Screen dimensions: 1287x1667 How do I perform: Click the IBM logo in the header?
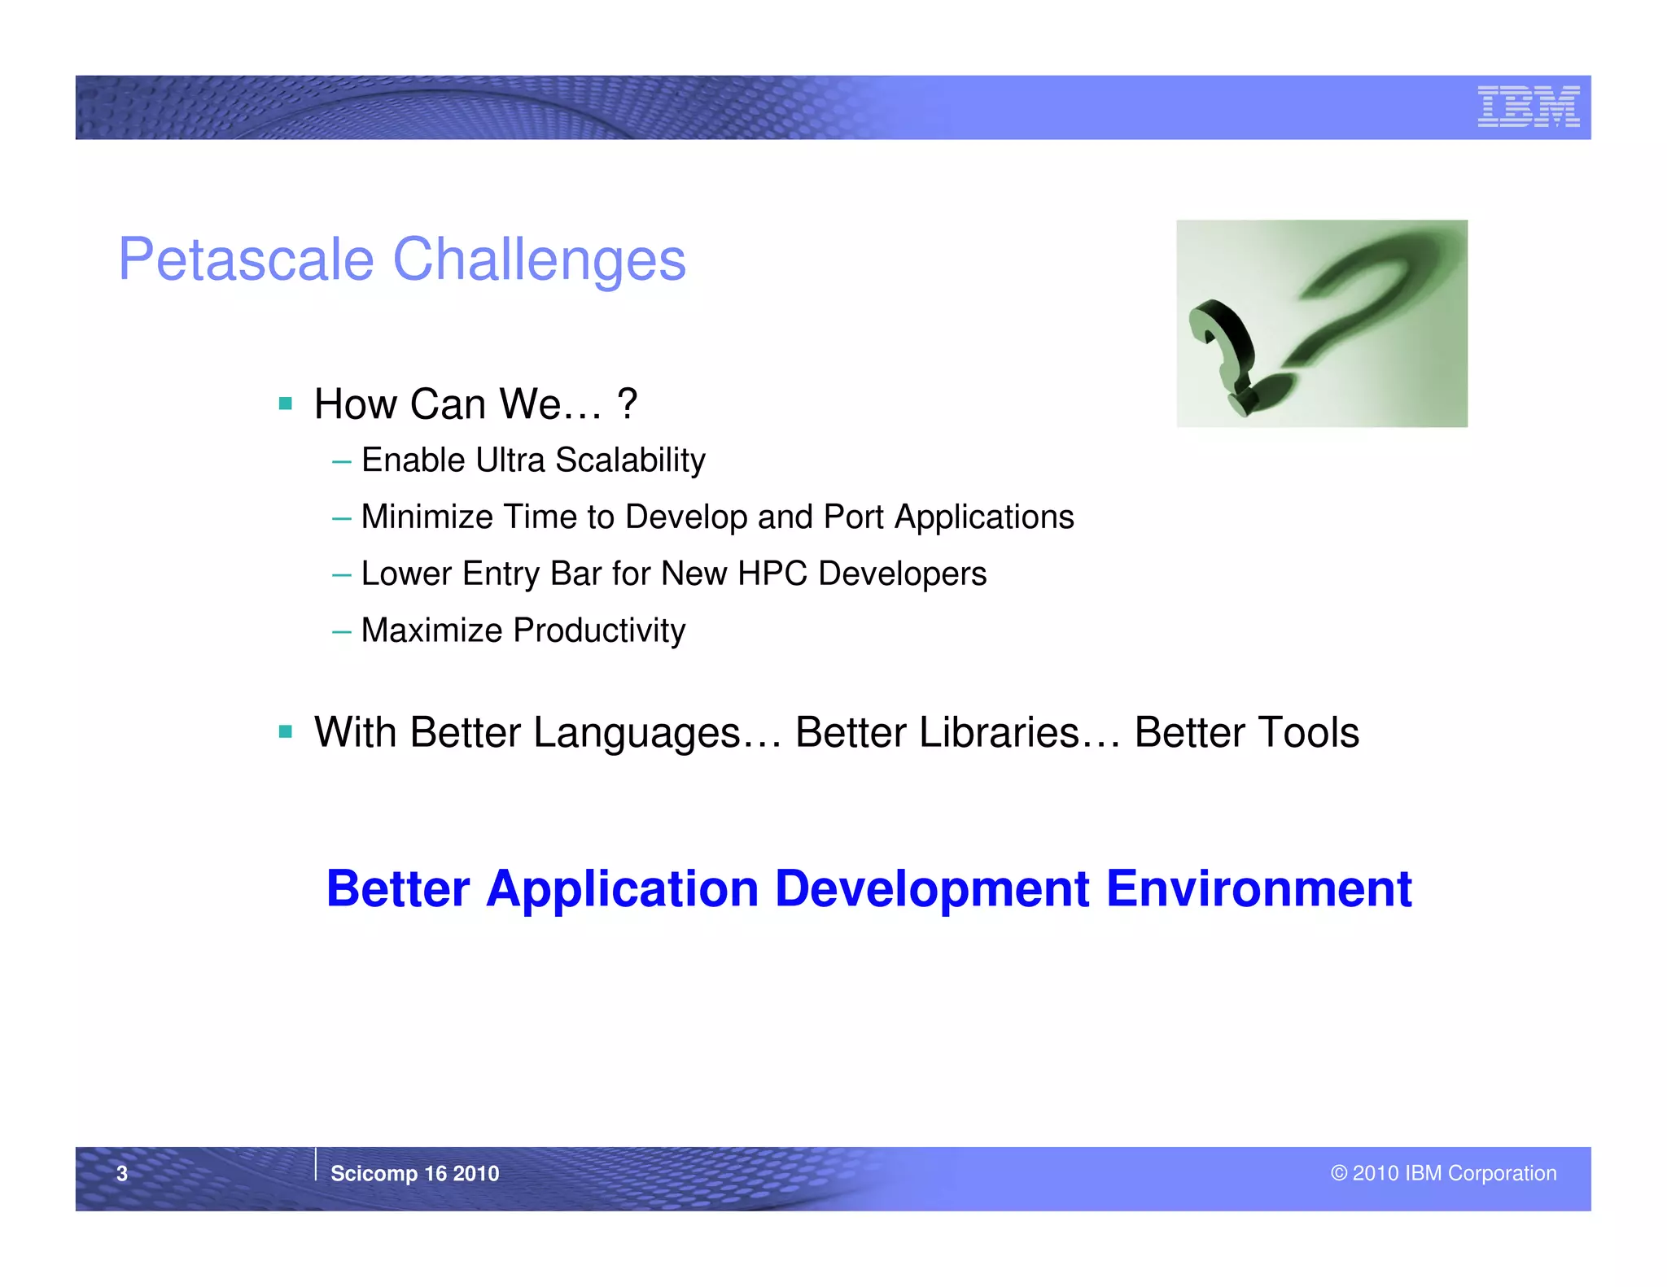(x=1528, y=107)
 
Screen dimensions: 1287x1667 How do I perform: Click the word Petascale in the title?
(x=246, y=260)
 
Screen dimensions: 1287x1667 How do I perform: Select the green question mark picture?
(x=1321, y=323)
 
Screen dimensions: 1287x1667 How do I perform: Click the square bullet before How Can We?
(x=285, y=404)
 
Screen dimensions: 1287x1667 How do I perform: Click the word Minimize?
(x=427, y=517)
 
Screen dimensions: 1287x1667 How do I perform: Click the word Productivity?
(x=599, y=630)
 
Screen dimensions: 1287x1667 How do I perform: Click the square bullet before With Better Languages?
(x=285, y=732)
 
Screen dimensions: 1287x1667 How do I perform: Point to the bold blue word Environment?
(x=1258, y=888)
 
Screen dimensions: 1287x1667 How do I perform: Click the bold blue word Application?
(x=622, y=888)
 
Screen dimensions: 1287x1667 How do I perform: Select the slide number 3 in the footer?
(x=122, y=1173)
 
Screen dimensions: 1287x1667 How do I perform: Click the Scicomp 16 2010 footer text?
(x=414, y=1173)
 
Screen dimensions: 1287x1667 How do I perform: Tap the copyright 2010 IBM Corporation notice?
(x=1443, y=1173)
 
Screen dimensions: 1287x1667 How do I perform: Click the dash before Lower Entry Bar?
(x=341, y=575)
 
